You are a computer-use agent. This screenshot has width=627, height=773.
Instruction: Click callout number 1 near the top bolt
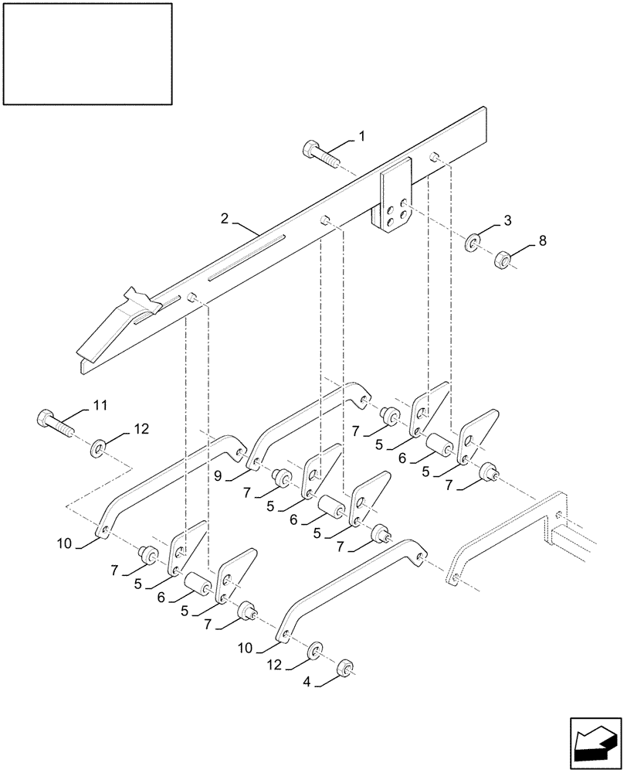(361, 136)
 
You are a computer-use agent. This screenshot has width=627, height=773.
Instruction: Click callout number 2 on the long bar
(224, 220)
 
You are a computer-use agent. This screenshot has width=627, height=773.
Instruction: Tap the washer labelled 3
(473, 243)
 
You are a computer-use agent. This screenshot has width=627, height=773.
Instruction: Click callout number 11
(101, 404)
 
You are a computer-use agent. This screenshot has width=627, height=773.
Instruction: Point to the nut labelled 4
(347, 667)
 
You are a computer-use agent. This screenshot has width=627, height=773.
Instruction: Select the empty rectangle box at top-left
(87, 53)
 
